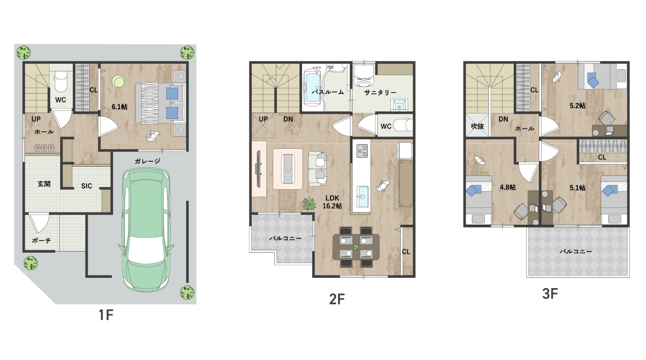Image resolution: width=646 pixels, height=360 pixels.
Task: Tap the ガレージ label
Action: [x=148, y=161]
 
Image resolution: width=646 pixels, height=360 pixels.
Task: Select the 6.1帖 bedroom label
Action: [x=119, y=107]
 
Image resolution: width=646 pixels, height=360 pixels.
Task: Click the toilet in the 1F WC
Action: [x=61, y=79]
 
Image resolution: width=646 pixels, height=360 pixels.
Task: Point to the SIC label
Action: [x=86, y=186]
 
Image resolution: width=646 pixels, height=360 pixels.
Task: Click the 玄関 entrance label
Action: [x=44, y=184]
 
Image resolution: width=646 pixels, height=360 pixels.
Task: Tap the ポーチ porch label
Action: [x=42, y=240]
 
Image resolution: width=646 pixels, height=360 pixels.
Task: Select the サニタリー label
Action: [x=380, y=93]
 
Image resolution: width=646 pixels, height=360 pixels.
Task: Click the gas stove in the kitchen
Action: [x=362, y=150]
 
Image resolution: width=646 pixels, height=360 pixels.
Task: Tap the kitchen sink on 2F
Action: [x=362, y=197]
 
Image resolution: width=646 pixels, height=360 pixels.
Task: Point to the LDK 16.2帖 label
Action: [x=332, y=202]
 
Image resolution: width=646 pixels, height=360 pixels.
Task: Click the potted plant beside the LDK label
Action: [x=309, y=204]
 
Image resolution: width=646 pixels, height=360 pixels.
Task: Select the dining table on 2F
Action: [x=356, y=247]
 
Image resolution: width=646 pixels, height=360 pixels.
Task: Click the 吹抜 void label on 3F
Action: [x=477, y=126]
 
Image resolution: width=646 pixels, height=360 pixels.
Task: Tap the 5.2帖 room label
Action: [x=577, y=106]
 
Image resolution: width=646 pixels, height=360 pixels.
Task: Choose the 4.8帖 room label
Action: [x=508, y=187]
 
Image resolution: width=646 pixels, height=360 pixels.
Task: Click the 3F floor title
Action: [x=550, y=293]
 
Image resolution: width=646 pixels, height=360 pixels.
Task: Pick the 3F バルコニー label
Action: [x=576, y=252]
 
